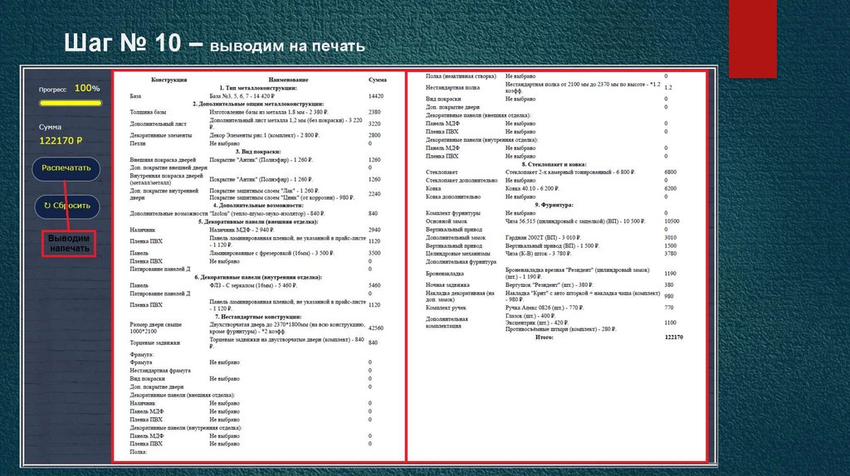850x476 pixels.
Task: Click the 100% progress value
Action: click(87, 88)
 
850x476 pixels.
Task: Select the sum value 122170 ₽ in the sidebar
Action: click(61, 141)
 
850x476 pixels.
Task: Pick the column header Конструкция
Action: click(169, 80)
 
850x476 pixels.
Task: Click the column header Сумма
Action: click(378, 80)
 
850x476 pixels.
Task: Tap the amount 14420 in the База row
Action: click(376, 96)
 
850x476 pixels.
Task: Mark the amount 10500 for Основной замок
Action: click(672, 221)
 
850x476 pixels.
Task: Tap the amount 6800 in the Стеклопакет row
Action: click(672, 172)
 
